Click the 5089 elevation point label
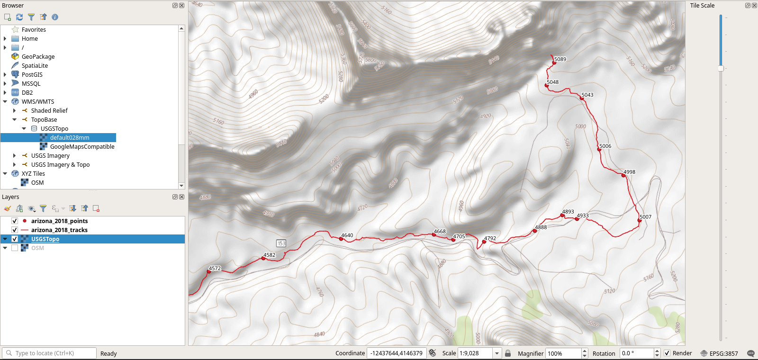click(x=560, y=59)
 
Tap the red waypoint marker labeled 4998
click(x=623, y=175)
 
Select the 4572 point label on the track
click(x=215, y=268)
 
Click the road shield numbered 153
click(x=281, y=243)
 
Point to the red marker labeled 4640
click(x=341, y=239)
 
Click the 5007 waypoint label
click(x=645, y=217)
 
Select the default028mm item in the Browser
click(x=69, y=138)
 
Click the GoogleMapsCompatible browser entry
click(x=82, y=147)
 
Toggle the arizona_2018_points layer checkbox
click(x=15, y=221)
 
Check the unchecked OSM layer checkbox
click(x=15, y=248)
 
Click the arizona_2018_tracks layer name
click(x=59, y=230)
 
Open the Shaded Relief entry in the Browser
click(x=49, y=111)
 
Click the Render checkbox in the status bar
click(x=667, y=353)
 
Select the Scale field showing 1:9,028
click(x=475, y=353)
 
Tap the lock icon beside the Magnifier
click(x=508, y=353)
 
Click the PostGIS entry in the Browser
click(x=32, y=75)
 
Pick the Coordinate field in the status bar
click(x=396, y=353)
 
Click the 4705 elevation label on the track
click(x=459, y=236)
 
